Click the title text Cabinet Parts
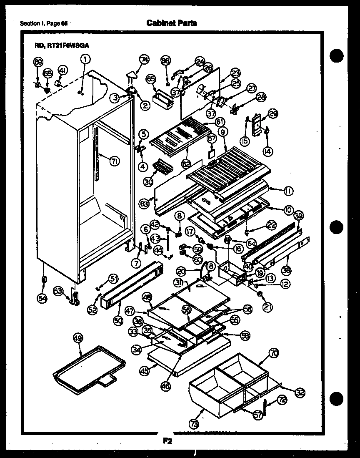172,23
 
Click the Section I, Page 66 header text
44,23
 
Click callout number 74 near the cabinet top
144,60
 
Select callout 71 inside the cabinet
113,161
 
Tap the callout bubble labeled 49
78,338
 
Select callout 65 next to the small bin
150,78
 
